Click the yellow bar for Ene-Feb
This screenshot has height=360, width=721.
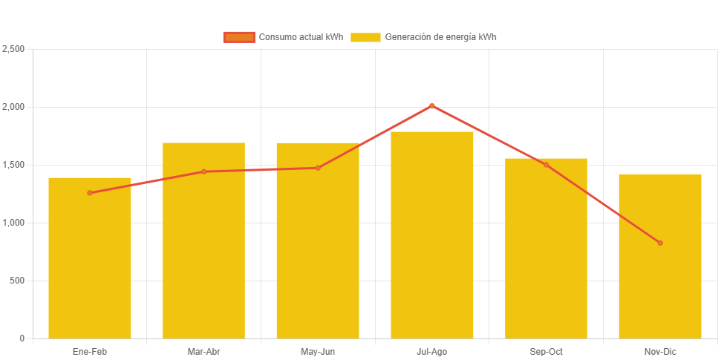(x=90, y=260)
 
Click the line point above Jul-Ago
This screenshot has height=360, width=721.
(x=432, y=105)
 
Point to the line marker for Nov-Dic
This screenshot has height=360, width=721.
(x=660, y=243)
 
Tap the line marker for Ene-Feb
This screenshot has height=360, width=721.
(x=90, y=193)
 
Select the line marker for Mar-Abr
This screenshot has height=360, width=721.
(x=203, y=171)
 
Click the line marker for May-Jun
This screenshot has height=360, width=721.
(x=318, y=168)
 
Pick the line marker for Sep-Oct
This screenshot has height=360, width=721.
(x=546, y=165)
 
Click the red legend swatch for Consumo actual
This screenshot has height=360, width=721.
(x=238, y=37)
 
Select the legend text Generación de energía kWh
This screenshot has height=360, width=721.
(x=440, y=37)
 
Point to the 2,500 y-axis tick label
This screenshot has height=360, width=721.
(x=13, y=49)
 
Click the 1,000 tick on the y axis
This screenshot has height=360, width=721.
(x=13, y=223)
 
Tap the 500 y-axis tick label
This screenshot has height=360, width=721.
(x=17, y=281)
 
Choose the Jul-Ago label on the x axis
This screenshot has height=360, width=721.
(x=432, y=351)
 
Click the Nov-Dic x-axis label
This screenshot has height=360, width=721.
(x=660, y=351)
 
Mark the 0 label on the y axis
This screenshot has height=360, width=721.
(x=22, y=338)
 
